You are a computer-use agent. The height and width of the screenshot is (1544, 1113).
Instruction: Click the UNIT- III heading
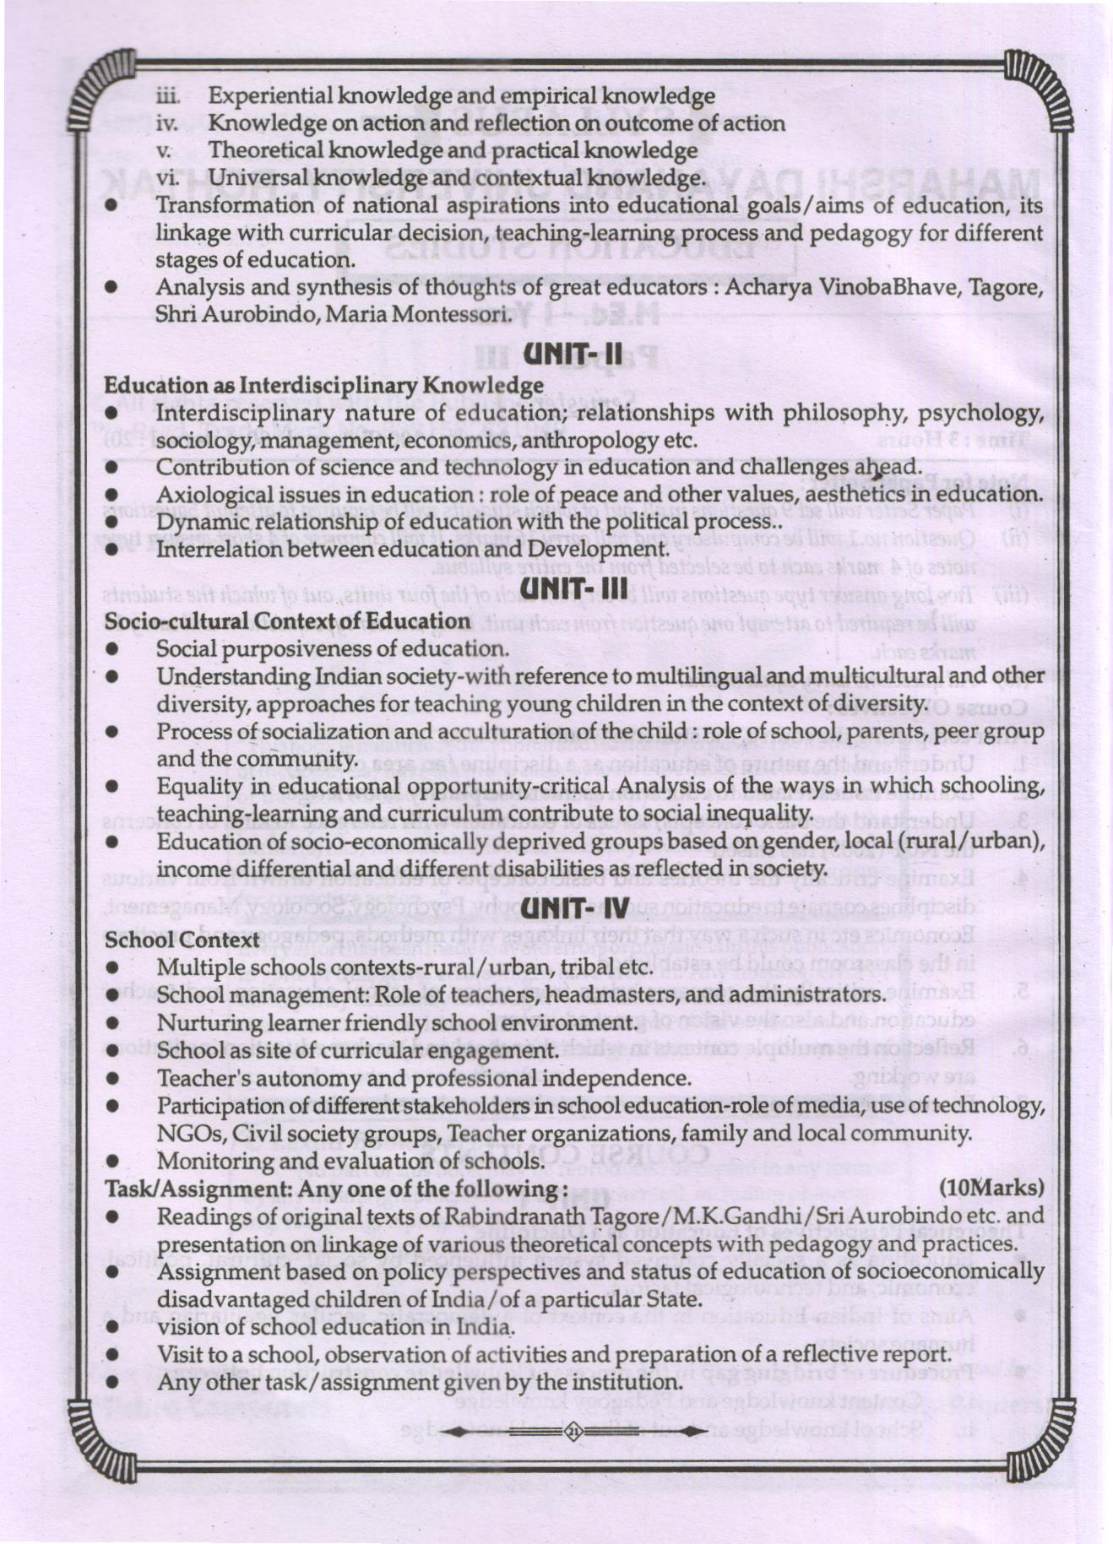point(573,589)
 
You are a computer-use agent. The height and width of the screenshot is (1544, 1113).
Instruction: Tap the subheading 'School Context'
point(182,940)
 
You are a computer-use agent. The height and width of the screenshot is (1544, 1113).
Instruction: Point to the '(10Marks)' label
point(991,1188)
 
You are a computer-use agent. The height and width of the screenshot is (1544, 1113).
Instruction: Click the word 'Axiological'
point(214,495)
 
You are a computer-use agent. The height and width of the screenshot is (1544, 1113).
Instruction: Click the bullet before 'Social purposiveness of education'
point(111,649)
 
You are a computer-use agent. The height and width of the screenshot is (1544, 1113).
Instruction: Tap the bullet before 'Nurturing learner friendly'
point(111,1023)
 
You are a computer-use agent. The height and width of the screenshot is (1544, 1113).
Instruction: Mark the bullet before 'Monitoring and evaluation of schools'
point(111,1162)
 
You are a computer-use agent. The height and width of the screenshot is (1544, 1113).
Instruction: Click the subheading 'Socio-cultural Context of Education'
point(286,621)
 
